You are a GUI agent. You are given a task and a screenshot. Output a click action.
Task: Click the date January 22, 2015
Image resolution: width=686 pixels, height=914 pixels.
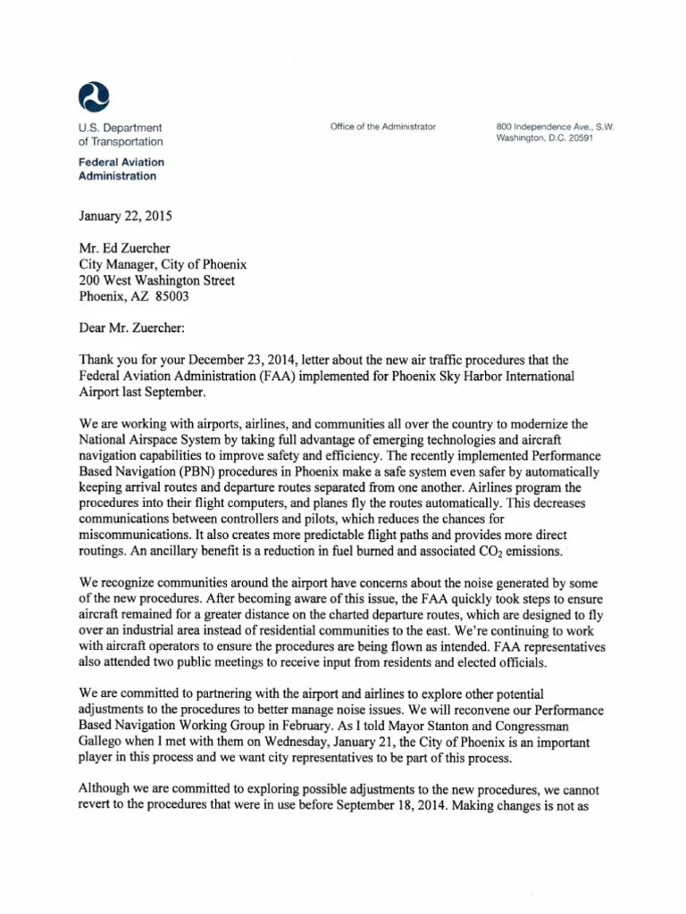(125, 216)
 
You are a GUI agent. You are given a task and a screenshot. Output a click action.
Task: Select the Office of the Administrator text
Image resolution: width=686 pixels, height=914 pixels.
(382, 127)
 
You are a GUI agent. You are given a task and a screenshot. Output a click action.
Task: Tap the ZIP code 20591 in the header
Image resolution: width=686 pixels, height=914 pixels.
(576, 139)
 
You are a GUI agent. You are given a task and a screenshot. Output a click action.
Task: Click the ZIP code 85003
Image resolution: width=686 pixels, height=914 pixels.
(169, 296)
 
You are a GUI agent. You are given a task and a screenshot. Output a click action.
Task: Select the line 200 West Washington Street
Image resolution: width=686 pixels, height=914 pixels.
(157, 280)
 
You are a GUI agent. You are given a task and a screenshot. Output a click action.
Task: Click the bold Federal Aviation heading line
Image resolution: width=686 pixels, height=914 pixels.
(121, 162)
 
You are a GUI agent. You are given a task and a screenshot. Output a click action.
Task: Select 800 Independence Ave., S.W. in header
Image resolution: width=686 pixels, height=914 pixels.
(556, 127)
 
